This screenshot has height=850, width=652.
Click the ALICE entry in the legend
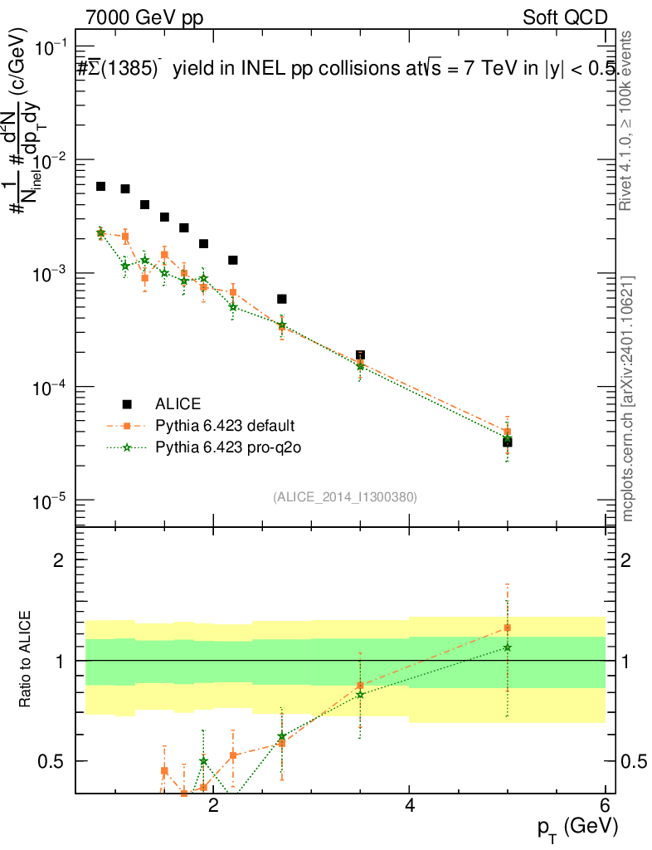178,404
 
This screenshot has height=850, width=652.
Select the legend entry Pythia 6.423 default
226,426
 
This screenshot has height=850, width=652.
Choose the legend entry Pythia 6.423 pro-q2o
226,448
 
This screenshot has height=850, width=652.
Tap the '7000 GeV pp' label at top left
149,17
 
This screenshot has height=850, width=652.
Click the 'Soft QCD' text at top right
565,17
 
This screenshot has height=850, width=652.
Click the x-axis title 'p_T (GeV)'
578,828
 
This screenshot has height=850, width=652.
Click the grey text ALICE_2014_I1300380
344,496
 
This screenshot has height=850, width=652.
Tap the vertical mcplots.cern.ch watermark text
628,398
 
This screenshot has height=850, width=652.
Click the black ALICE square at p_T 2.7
282,299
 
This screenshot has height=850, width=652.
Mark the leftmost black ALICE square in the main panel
100,186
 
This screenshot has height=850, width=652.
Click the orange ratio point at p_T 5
507,628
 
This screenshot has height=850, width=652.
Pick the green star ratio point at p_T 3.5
360,694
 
